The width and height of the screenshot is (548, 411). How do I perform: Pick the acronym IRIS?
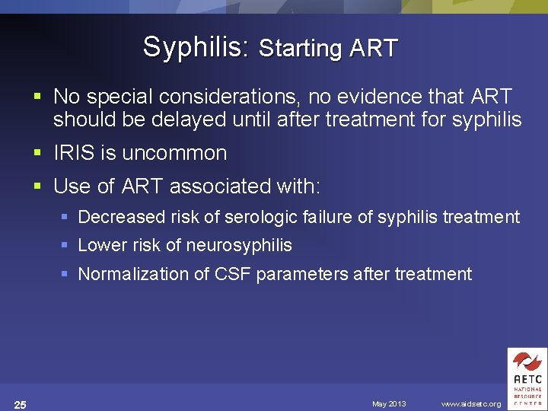tap(74, 153)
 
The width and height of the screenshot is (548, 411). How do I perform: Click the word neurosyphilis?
tap(238, 245)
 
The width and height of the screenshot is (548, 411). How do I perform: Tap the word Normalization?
tap(132, 274)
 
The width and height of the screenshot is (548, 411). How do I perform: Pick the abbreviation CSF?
tap(234, 274)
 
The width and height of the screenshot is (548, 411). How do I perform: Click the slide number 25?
tap(21, 404)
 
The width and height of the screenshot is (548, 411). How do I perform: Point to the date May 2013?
tap(389, 404)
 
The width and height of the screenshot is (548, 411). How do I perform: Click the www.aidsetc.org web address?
tap(471, 404)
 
